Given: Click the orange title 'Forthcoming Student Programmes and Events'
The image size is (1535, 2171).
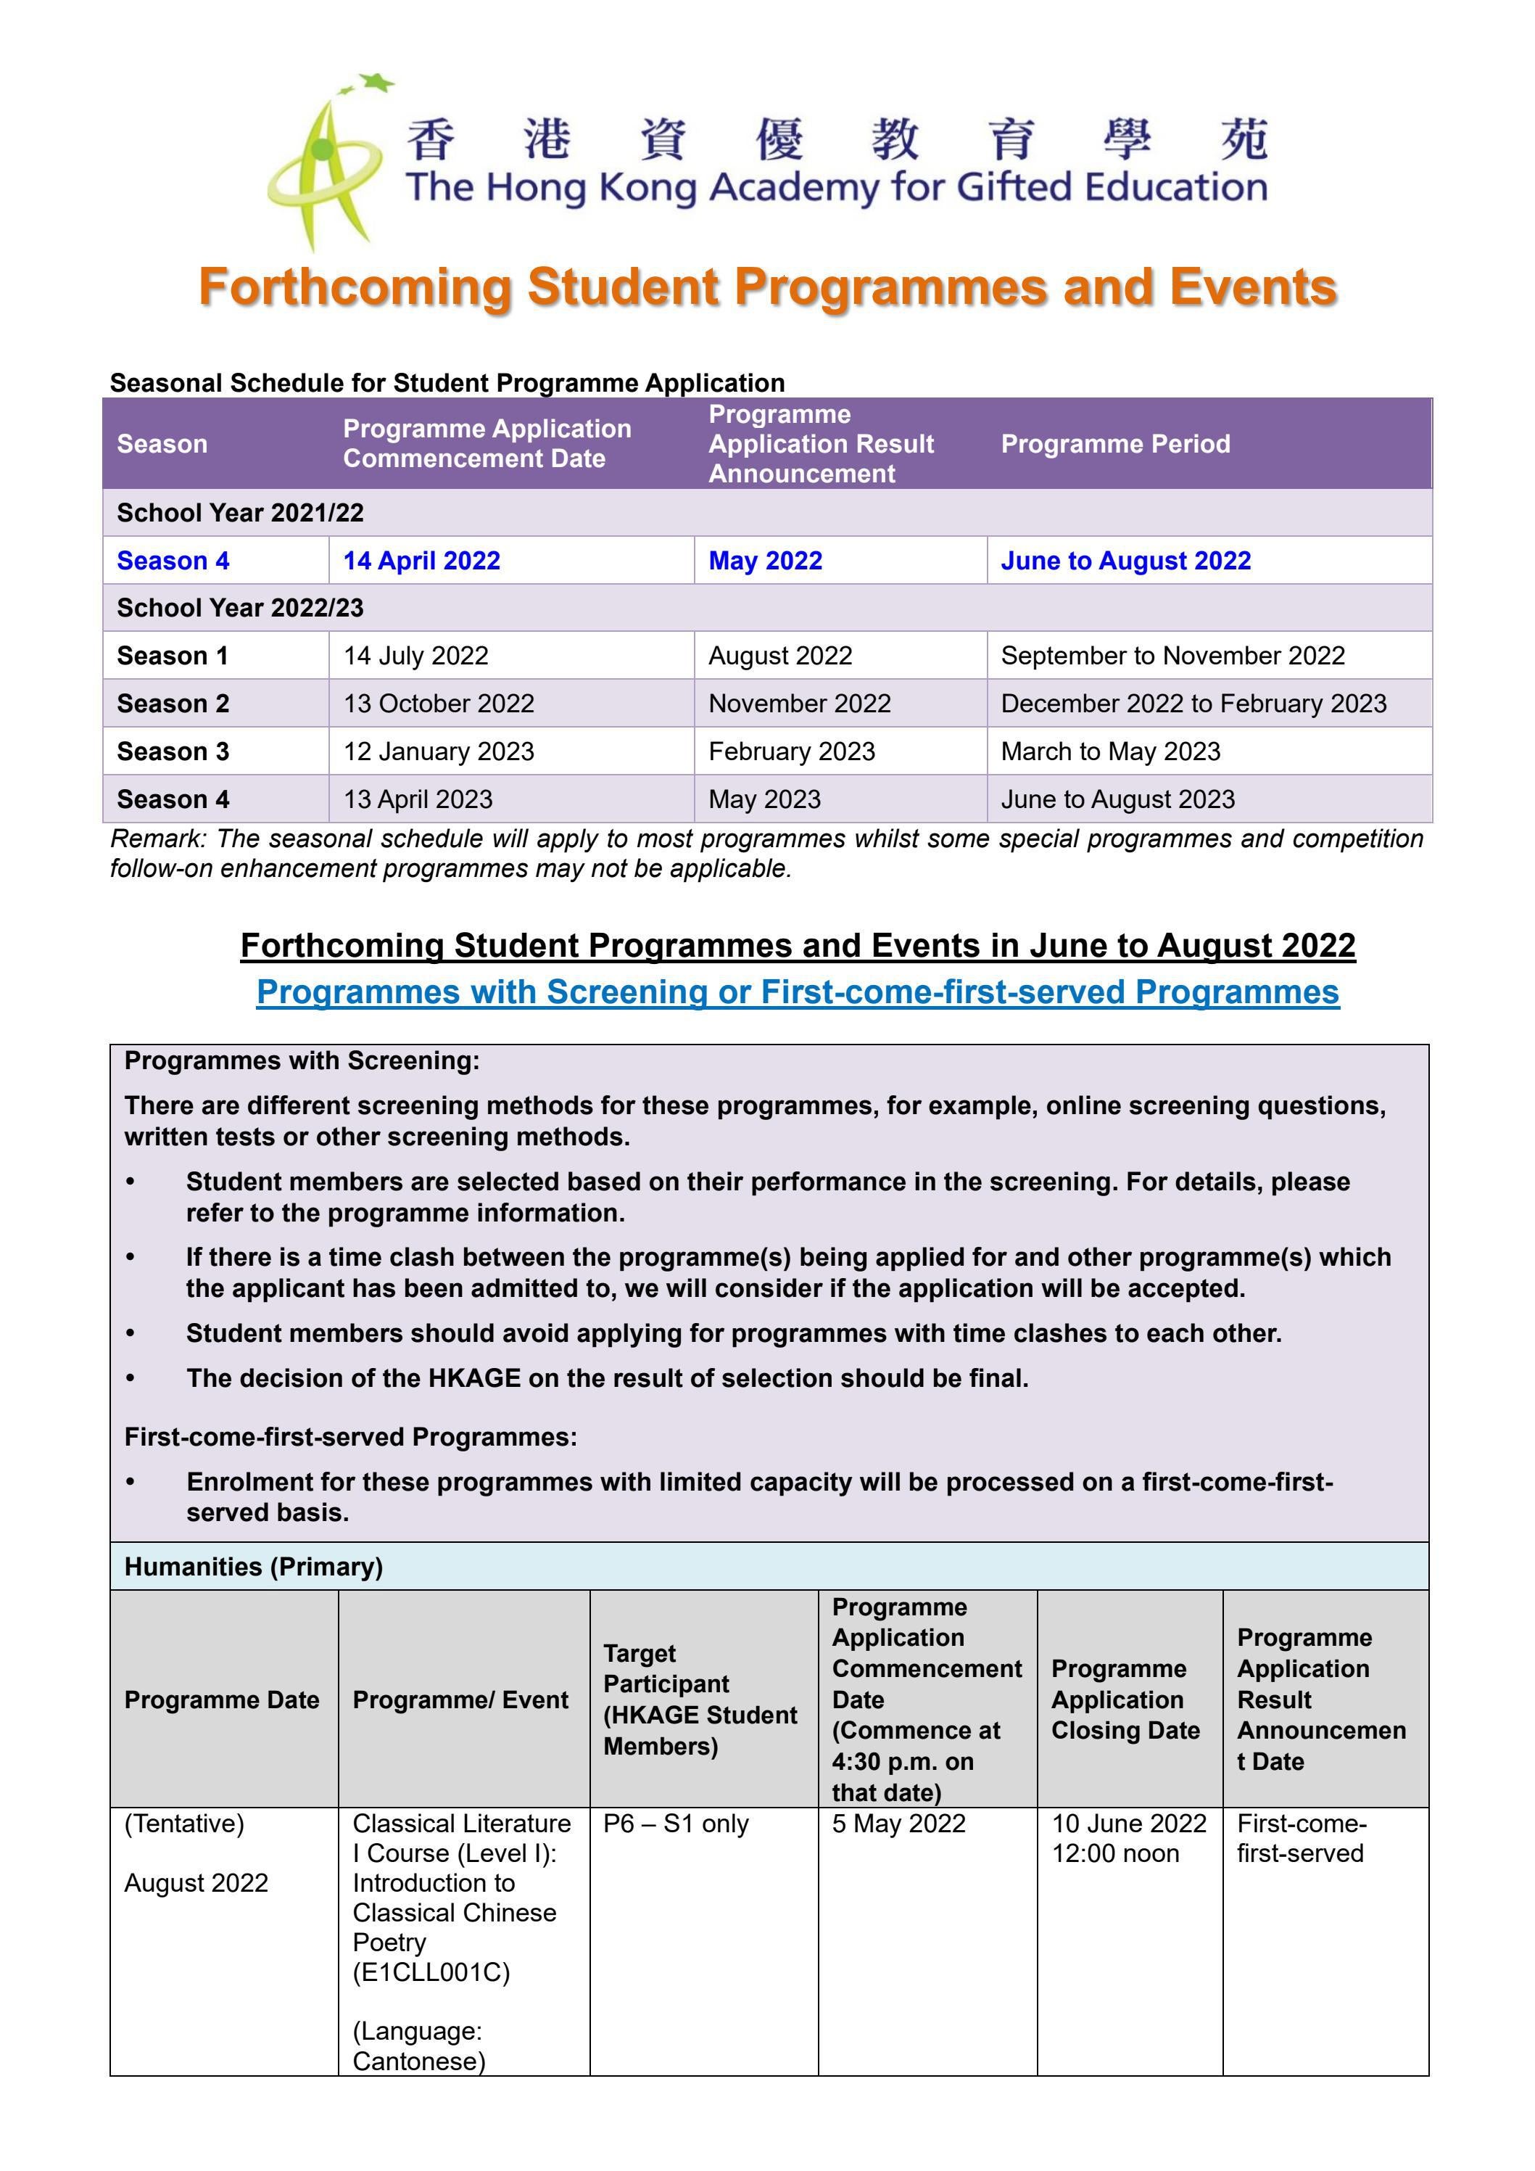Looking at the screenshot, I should [x=767, y=287].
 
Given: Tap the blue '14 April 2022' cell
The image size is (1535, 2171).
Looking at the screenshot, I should [x=421, y=561].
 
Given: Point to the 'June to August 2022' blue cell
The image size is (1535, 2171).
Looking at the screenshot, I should [x=1126, y=561].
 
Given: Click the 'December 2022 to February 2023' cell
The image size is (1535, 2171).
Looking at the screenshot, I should [x=1193, y=704].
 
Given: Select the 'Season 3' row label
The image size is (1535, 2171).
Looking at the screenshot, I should [x=173, y=751].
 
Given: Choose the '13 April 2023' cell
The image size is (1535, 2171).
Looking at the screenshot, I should [x=418, y=799].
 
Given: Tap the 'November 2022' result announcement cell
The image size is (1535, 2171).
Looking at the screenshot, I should [x=800, y=704].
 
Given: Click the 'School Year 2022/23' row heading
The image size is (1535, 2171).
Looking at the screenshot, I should [x=240, y=607].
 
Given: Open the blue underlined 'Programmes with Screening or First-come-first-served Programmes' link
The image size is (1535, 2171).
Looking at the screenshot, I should [x=798, y=992].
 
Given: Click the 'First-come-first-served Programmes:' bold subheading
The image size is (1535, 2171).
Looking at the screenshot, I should [x=351, y=1437].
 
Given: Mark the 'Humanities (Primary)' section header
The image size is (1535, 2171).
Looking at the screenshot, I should [x=253, y=1567].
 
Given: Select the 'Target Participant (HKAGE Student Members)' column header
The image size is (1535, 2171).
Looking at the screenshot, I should [x=700, y=1700].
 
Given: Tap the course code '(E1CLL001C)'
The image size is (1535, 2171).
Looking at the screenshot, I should [x=431, y=1972].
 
